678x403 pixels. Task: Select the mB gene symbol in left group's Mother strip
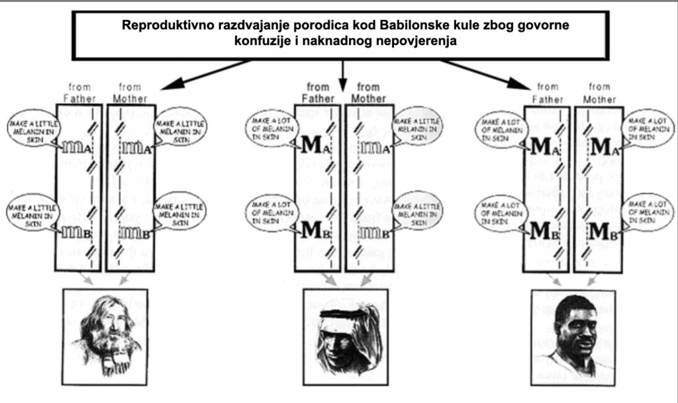[135, 232]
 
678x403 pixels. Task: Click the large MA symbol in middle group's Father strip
[314, 145]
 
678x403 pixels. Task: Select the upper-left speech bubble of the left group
[28, 126]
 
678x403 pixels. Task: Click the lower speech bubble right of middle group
[418, 211]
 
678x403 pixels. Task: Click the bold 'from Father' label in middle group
[318, 93]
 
